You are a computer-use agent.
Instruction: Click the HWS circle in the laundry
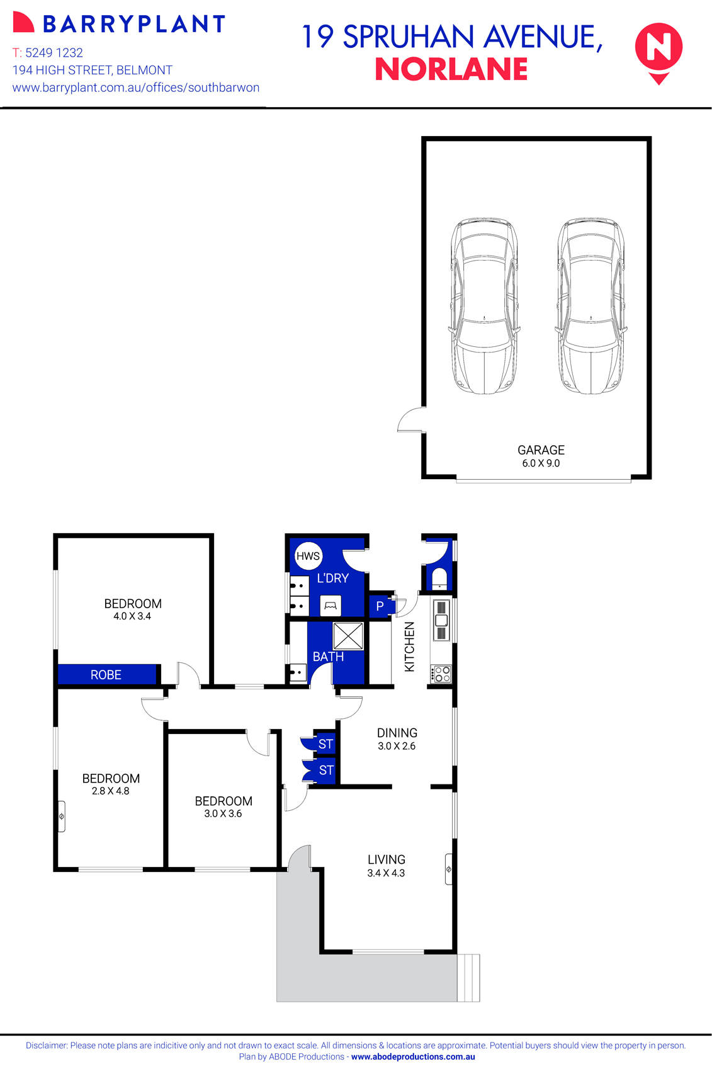308,556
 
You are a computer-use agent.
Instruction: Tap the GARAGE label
541,450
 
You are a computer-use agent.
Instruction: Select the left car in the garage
484,306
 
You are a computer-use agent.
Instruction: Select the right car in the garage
591,306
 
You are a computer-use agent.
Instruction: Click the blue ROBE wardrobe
106,674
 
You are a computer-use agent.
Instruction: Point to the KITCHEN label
410,647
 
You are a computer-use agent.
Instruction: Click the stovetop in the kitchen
441,674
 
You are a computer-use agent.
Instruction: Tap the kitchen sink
441,620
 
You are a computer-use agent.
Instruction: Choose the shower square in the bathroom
348,636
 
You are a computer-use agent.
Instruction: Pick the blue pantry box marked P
380,606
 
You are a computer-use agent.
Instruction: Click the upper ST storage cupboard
325,744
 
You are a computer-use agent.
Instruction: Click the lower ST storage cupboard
325,770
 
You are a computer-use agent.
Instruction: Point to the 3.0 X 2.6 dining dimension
397,746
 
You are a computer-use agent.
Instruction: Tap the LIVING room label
387,859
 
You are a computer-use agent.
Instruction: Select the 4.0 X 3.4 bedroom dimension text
132,616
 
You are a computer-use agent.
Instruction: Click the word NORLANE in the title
451,70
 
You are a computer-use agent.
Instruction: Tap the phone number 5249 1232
54,53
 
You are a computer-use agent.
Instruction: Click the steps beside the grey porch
468,978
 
